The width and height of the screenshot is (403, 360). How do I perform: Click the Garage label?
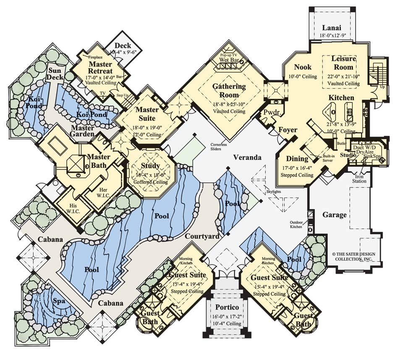(335, 215)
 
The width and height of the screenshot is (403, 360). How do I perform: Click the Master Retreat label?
(100, 68)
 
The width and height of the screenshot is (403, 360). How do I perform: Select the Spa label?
(60, 302)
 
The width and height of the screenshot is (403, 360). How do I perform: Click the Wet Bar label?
(229, 60)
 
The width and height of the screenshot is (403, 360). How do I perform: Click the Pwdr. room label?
(269, 112)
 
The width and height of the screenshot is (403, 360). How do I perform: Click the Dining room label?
(297, 159)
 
